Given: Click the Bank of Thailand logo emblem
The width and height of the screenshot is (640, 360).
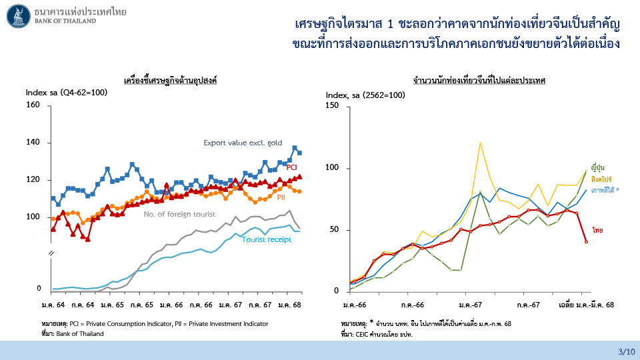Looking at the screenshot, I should [x=17, y=16].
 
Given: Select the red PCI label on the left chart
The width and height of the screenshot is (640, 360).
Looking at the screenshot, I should [x=291, y=167].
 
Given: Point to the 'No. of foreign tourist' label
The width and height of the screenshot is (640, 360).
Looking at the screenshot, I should [x=179, y=214].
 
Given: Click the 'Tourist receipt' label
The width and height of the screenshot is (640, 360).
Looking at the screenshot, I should [x=266, y=239].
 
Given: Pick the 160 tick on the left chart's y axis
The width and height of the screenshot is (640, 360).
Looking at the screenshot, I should [x=33, y=105].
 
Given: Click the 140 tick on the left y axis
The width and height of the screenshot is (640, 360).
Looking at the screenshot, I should [x=33, y=143].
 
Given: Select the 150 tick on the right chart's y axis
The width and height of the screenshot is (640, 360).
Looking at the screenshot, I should [x=332, y=105].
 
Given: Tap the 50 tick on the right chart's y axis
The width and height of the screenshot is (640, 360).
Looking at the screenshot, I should [x=335, y=230].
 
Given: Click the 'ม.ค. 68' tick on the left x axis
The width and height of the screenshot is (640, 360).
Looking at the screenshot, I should [x=289, y=304].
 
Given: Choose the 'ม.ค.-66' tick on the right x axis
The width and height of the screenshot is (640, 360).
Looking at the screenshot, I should [x=355, y=304].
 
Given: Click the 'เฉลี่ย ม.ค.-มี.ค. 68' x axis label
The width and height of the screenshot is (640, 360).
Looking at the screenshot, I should [x=585, y=304].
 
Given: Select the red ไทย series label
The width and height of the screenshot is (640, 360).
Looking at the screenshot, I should [x=598, y=230].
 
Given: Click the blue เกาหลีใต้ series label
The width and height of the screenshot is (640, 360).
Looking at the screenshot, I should [x=605, y=190].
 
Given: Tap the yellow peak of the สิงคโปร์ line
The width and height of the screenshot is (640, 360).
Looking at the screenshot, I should [x=479, y=142].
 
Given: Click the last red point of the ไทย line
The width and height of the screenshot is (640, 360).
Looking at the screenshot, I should [x=587, y=241].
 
